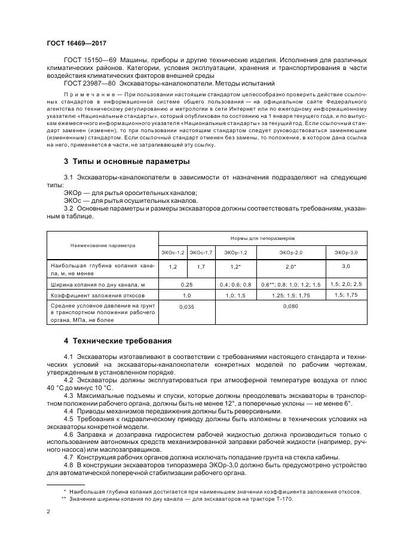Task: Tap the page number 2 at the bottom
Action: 48,512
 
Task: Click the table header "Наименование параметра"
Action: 102,245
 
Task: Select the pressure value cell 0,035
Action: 187,306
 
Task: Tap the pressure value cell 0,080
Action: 291,306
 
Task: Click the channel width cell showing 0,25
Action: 187,284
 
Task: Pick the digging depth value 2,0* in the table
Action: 291,266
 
